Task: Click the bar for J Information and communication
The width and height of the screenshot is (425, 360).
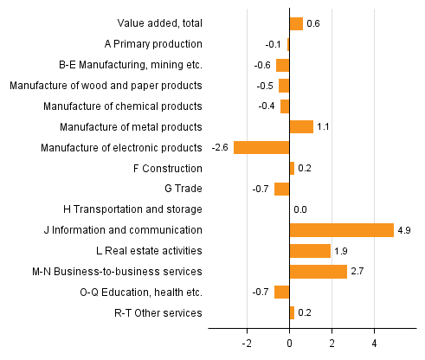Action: point(342,230)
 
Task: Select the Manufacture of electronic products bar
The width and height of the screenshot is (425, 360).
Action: point(261,147)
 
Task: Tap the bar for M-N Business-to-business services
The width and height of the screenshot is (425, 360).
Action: point(319,272)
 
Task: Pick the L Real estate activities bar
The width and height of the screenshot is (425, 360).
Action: point(310,251)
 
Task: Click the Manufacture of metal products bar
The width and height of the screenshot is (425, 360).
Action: point(301,126)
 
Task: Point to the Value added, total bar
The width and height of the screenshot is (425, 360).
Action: point(296,23)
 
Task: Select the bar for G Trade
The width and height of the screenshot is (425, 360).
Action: point(282,189)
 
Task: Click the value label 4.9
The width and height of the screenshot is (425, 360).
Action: point(405,230)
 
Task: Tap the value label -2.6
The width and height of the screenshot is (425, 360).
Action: point(220,147)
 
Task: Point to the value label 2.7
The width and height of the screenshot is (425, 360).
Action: point(358,272)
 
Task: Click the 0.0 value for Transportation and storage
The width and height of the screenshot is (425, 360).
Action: point(301,209)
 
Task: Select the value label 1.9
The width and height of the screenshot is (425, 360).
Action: point(342,251)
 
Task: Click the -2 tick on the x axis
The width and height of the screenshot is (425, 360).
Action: point(247,343)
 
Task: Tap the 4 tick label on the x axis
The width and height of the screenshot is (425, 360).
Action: point(374,343)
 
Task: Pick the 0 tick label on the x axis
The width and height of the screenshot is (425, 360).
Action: point(289,343)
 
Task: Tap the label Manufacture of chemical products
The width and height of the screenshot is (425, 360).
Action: point(123,106)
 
